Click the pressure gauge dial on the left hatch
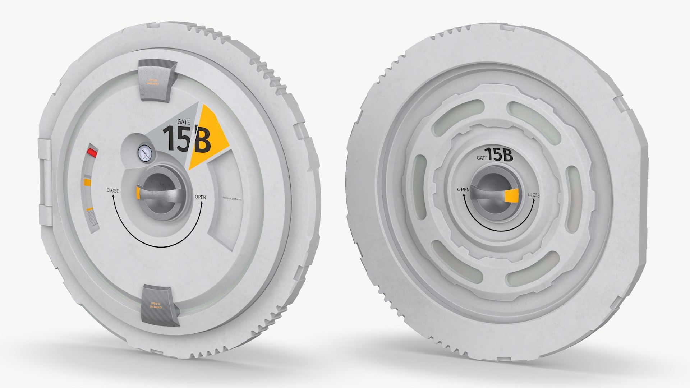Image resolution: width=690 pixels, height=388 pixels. click(144, 154)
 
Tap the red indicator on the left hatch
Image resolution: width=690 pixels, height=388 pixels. click(92, 153)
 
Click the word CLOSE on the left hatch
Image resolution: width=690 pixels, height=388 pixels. click(112, 190)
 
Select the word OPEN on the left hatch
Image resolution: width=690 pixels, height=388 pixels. click(200, 197)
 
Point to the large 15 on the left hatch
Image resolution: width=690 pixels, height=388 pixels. click(175, 139)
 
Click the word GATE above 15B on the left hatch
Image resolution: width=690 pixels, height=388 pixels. click(184, 122)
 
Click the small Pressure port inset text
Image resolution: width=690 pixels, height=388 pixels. click(232, 198)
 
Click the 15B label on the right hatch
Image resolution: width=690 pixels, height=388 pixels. click(498, 155)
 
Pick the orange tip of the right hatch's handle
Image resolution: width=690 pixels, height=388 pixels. click(511, 196)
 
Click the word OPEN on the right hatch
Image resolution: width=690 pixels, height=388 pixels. click(463, 189)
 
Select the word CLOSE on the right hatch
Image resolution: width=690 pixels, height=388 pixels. click(533, 195)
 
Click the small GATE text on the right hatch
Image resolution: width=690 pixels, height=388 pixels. click(482, 158)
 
